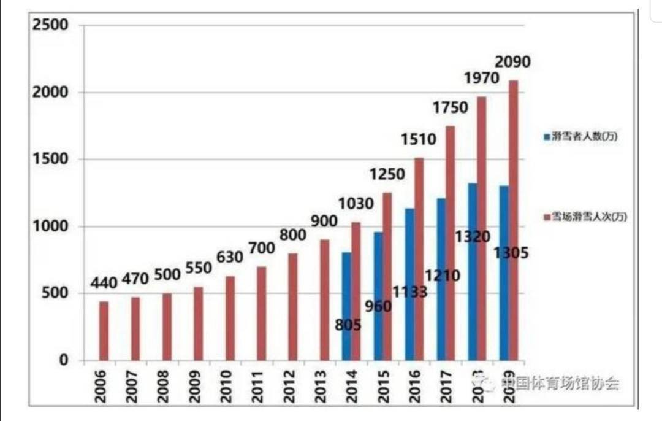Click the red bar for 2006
[104, 331]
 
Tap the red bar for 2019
[513, 220]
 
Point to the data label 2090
[512, 62]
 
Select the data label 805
[348, 325]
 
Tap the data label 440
[104, 284]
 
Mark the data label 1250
[387, 174]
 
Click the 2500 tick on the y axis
[51, 25]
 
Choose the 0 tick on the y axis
[64, 360]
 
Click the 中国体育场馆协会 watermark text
[559, 384]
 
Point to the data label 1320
[473, 237]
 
